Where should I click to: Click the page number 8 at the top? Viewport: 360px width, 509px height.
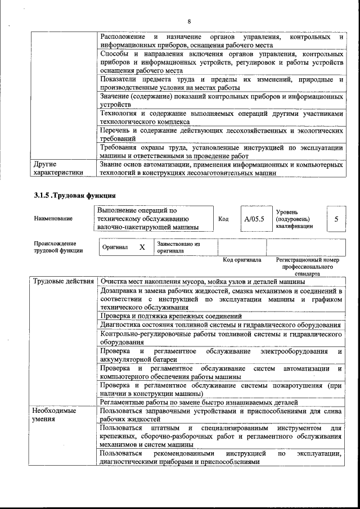189,21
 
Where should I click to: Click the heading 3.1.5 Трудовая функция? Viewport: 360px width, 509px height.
74,196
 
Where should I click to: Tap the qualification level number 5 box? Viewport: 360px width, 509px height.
336,219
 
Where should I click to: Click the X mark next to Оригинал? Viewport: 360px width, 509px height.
142,247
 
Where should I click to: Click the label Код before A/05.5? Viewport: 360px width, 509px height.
223,219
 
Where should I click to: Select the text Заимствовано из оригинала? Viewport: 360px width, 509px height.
178,247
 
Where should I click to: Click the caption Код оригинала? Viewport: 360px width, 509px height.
242,260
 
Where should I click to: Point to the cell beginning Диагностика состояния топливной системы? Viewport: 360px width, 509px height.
220,325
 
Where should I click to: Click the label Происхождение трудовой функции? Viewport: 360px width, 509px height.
55,247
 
